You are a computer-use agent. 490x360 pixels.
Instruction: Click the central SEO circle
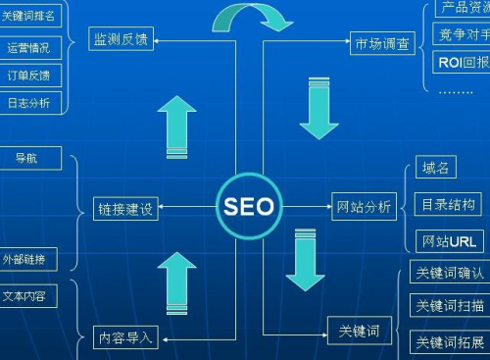click(x=249, y=207)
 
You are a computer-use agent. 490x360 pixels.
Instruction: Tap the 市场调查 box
click(x=382, y=43)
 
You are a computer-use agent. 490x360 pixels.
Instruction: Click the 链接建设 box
click(x=125, y=209)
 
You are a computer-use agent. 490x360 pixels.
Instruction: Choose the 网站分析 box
click(x=364, y=207)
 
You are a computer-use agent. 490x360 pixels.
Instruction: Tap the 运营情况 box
click(x=27, y=46)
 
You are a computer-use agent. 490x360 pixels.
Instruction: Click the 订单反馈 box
click(x=27, y=75)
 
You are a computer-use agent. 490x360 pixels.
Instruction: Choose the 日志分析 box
click(x=27, y=102)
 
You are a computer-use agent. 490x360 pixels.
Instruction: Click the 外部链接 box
click(x=28, y=260)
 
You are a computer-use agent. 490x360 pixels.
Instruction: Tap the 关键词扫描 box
click(x=450, y=305)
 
